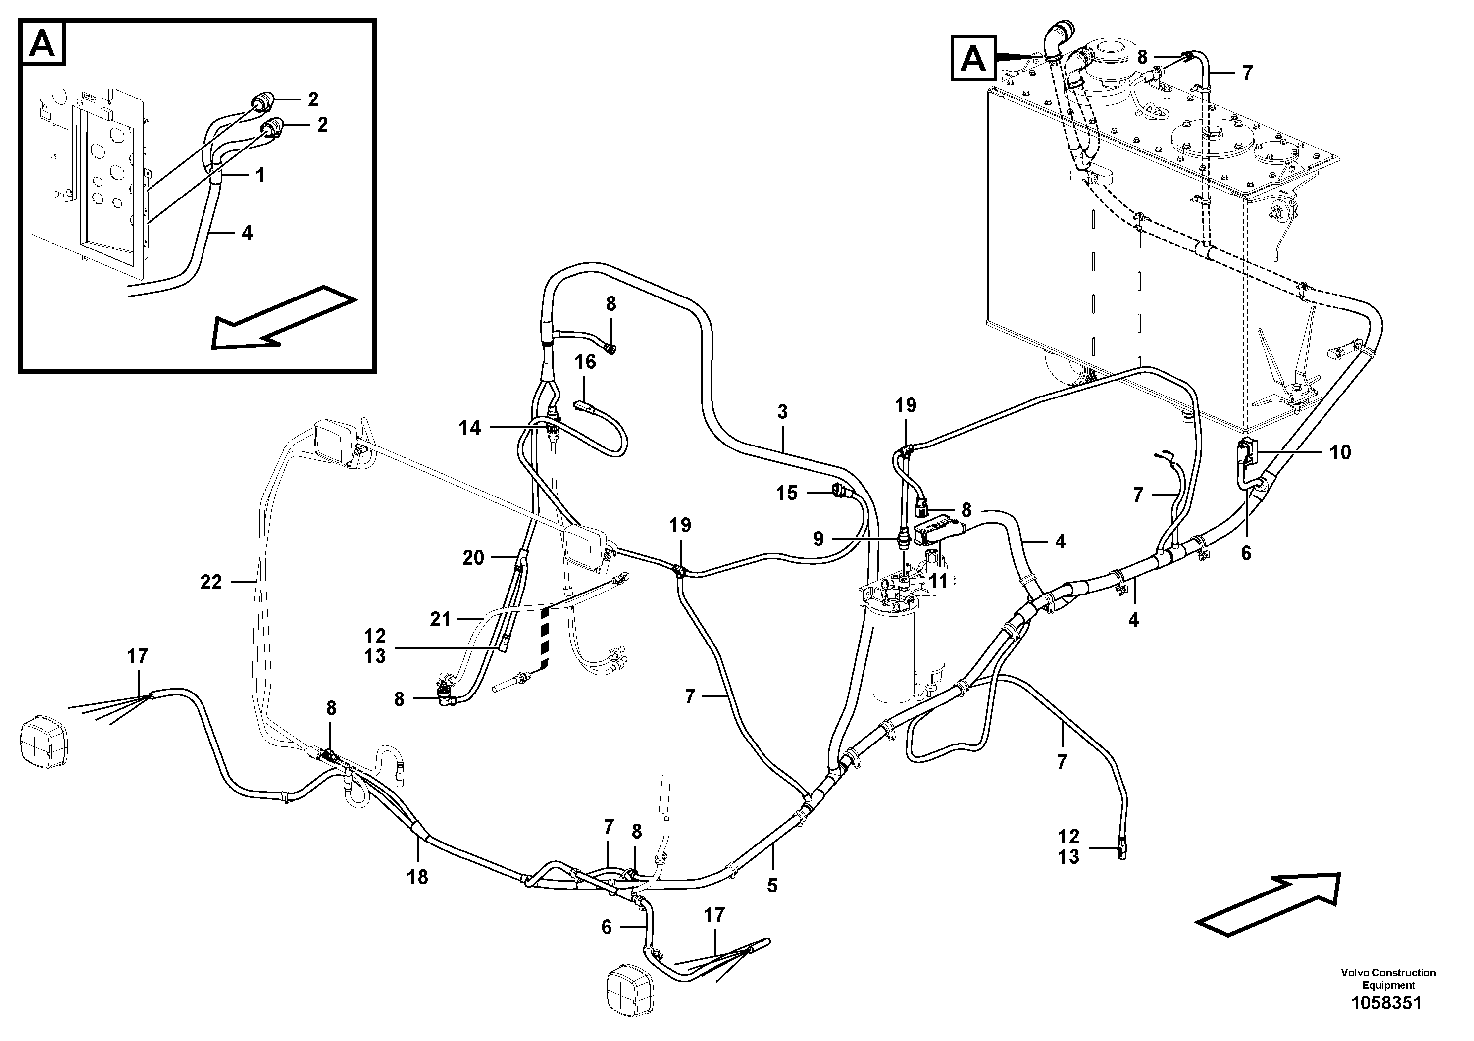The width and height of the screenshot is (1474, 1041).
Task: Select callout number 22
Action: tap(210, 582)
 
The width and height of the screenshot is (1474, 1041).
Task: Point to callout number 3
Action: tap(782, 411)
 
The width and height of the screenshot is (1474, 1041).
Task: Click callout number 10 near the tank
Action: tap(1340, 452)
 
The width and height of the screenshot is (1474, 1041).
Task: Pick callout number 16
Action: tap(585, 362)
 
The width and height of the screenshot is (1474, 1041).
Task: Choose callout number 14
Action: tap(469, 428)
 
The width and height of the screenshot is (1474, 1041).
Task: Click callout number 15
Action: tap(786, 493)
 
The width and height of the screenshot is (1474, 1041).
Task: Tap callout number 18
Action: tap(417, 877)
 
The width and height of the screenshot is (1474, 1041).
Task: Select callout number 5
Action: tap(772, 886)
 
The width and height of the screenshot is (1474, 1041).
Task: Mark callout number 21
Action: tap(440, 619)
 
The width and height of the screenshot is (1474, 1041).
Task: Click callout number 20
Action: tap(473, 558)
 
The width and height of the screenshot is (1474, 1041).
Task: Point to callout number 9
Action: tap(818, 539)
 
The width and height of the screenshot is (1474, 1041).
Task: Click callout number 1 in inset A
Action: tap(260, 175)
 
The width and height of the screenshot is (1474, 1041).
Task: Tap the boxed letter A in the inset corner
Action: tap(43, 44)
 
